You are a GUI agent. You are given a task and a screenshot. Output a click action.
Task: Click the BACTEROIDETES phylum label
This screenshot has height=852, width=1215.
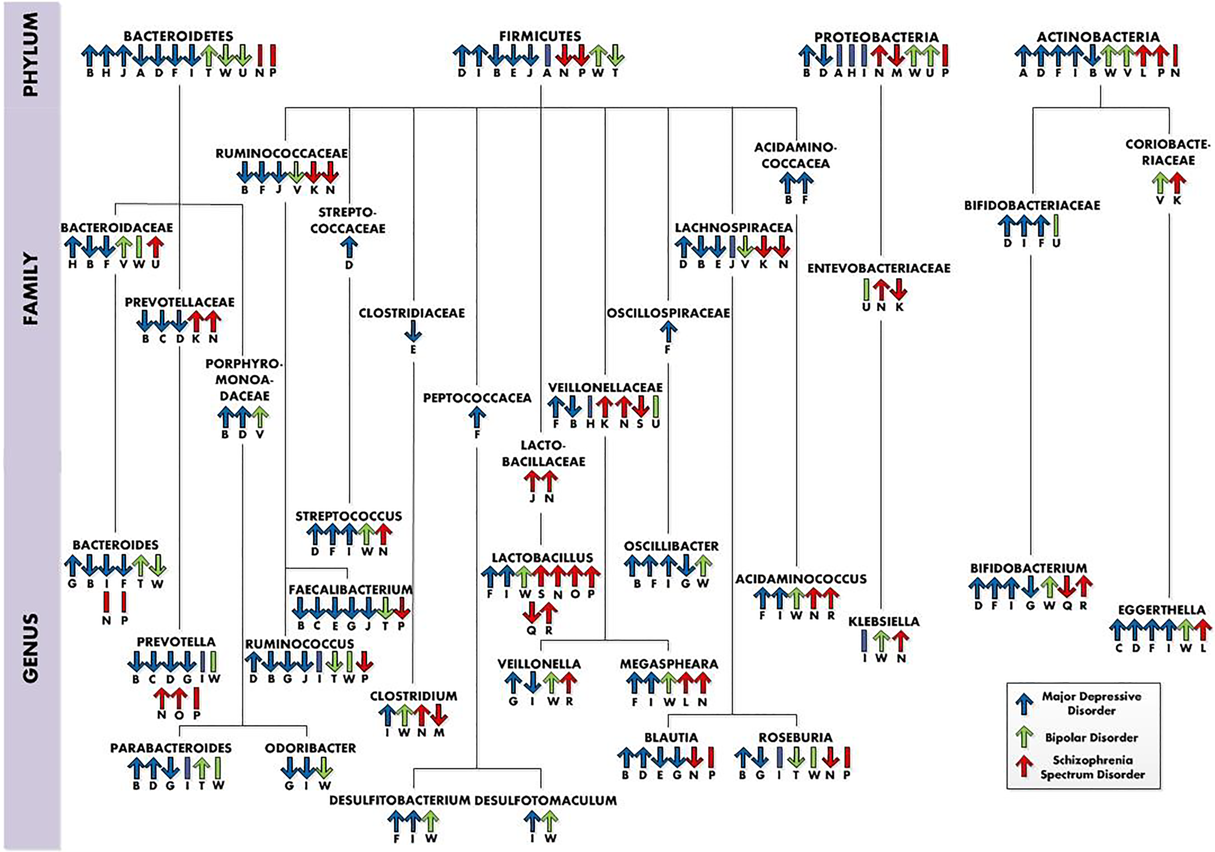178,36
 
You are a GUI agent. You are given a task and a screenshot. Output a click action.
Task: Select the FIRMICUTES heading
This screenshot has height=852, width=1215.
540,36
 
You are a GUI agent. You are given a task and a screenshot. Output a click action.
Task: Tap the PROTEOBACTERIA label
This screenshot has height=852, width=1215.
876,37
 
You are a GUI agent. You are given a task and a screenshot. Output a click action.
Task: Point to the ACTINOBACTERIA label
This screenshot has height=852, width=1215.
1098,37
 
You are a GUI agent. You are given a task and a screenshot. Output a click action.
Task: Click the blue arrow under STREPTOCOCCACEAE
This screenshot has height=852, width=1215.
349,248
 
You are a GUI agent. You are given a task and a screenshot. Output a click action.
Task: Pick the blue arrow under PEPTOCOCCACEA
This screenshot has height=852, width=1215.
477,417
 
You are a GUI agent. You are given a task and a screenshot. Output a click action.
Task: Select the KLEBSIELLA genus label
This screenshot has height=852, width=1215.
884,621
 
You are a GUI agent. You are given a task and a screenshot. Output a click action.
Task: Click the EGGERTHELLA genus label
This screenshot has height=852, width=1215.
1161,610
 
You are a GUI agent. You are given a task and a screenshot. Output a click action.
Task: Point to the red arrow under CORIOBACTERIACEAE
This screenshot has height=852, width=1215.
1177,183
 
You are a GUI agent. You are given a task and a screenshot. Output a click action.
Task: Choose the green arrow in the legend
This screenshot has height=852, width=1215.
1025,737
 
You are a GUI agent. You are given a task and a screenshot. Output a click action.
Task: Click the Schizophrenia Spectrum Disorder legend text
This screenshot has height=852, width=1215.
1092,767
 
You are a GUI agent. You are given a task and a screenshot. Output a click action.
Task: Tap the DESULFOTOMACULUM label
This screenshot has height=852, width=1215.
545,801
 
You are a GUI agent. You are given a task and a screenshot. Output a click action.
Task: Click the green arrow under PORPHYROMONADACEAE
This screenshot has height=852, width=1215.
260,417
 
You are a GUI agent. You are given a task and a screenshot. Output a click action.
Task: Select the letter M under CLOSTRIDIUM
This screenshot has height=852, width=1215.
439,733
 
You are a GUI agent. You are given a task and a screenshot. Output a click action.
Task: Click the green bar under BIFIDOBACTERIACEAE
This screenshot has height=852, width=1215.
1056,226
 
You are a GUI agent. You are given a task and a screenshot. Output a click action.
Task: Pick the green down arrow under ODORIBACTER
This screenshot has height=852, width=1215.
324,768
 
